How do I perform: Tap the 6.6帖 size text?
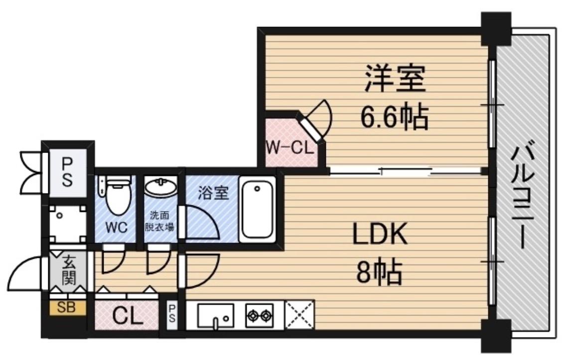[394, 119]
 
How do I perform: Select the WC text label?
[116, 227]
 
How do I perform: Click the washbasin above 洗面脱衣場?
[160, 188]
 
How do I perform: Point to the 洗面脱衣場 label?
[159, 222]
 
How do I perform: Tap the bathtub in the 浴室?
[257, 210]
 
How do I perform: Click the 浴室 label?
[213, 193]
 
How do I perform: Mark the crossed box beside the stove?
[299, 315]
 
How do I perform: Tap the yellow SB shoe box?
[67, 307]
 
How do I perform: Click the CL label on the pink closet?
[127, 316]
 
